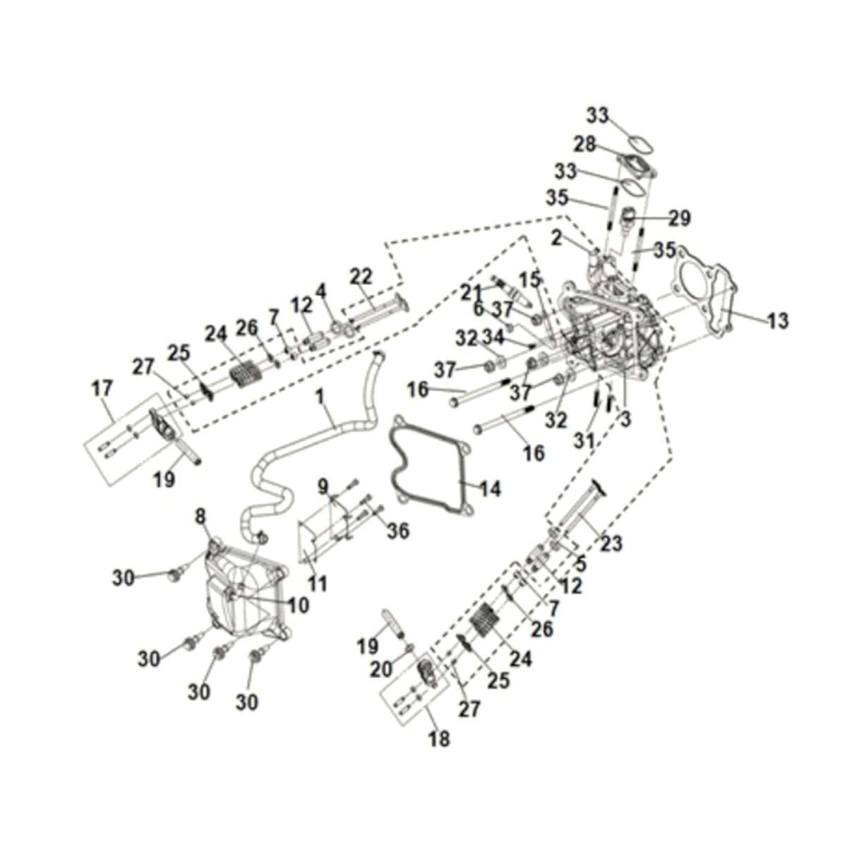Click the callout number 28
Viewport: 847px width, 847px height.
[x=584, y=145]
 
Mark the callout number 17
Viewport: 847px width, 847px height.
[x=102, y=388]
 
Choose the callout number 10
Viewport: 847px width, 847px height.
[x=299, y=605]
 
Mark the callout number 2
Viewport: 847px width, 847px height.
[x=557, y=239]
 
